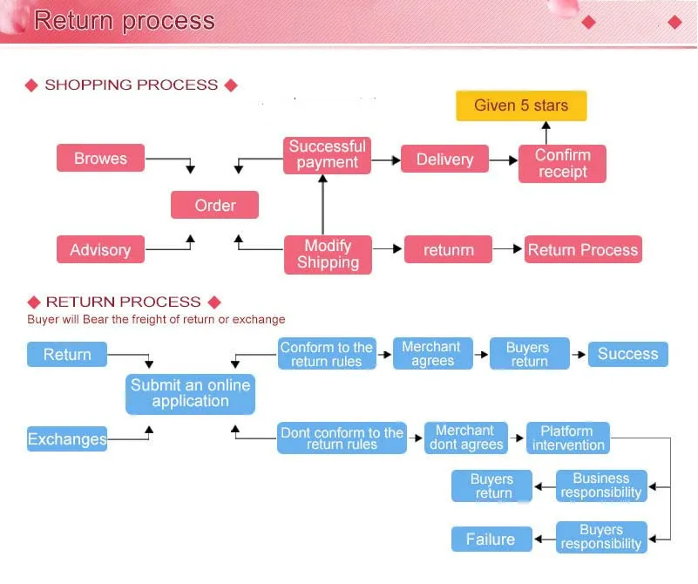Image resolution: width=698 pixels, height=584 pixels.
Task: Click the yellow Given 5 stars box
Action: (521, 106)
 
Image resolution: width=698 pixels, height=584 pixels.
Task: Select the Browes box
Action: (100, 158)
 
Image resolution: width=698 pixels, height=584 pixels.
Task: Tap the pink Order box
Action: (214, 205)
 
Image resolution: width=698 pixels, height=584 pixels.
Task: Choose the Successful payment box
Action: (327, 155)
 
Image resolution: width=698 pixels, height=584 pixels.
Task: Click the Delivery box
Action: (444, 159)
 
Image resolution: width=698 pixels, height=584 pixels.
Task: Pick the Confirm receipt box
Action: (562, 163)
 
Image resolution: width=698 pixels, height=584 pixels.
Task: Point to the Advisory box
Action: (100, 249)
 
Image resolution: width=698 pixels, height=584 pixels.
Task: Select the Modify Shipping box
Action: (328, 255)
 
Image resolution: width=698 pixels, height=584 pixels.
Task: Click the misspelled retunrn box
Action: (448, 249)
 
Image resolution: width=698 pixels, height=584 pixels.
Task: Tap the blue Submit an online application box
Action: (191, 394)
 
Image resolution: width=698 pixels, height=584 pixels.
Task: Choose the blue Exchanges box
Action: (67, 439)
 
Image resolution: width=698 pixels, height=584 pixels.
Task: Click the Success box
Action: (628, 354)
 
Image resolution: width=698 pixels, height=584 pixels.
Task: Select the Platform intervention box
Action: (568, 438)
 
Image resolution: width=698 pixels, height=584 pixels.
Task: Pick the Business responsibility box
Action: (601, 486)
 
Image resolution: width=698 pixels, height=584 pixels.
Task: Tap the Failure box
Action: (491, 539)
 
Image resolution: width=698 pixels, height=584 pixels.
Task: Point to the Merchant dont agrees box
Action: (466, 438)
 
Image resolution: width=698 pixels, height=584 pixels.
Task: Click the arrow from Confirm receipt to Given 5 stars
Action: (546, 132)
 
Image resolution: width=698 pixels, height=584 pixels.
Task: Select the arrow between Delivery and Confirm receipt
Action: (504, 160)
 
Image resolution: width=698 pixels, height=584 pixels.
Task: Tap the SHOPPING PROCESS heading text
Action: (132, 85)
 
